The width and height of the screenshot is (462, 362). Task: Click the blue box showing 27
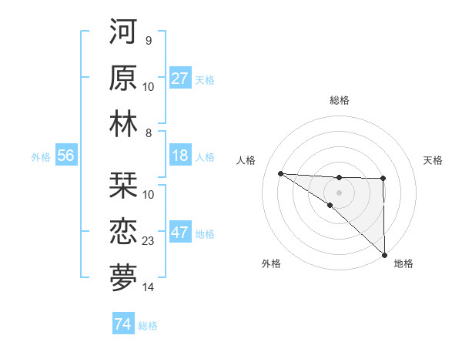tap(179, 79)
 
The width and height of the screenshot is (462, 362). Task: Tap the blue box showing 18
tap(179, 156)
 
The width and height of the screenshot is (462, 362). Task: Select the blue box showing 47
tap(179, 233)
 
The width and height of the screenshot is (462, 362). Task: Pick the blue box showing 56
tap(65, 156)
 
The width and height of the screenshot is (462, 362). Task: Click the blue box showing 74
tap(122, 324)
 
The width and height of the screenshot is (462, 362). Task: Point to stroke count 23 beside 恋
tap(149, 241)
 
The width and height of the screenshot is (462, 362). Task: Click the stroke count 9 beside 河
tap(148, 40)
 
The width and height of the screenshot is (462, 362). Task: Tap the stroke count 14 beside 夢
tap(149, 287)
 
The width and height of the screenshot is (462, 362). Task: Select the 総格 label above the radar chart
tap(339, 100)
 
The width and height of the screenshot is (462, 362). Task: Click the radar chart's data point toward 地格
tap(383, 254)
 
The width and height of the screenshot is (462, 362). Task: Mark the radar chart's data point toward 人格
tap(280, 173)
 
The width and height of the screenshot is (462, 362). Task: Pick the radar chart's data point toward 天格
tap(383, 179)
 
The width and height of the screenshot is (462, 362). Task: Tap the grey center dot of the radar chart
tap(339, 192)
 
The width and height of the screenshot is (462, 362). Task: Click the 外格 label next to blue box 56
tap(41, 157)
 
